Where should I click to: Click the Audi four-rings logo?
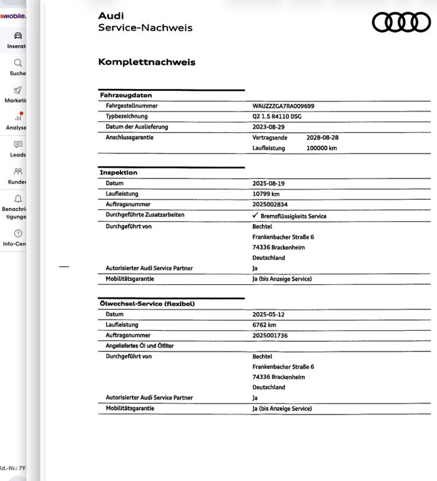(401, 23)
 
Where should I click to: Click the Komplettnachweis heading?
(147, 62)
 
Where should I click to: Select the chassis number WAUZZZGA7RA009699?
(283, 106)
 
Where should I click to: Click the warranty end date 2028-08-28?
(322, 138)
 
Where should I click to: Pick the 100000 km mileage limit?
(322, 148)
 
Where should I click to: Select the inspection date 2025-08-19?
(268, 184)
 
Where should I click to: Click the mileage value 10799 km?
(266, 194)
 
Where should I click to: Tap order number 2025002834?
(270, 205)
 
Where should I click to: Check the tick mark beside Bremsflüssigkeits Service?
(255, 215)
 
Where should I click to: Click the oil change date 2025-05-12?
(268, 314)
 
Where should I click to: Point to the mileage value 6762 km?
(265, 325)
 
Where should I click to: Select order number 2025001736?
(270, 336)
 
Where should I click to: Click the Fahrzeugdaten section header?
(125, 95)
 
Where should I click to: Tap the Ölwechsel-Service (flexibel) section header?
(147, 304)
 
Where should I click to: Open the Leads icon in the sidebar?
(18, 145)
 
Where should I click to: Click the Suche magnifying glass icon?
(18, 63)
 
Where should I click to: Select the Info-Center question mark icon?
(18, 234)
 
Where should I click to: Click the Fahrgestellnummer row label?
(132, 106)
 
